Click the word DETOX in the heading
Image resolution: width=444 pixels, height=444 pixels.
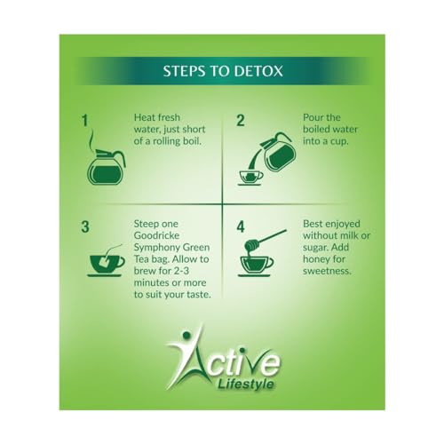(x=258, y=71)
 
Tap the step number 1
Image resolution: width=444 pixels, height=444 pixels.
(x=85, y=121)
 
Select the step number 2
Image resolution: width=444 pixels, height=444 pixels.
(x=241, y=121)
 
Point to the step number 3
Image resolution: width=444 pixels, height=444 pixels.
(x=85, y=227)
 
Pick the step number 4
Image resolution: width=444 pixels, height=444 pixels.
(x=241, y=227)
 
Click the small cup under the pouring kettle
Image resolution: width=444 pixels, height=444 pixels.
(x=250, y=178)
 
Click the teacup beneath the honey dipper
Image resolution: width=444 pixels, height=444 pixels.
(x=256, y=266)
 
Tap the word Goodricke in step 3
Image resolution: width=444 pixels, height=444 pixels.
(x=156, y=235)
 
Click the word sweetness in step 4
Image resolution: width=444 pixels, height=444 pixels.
(x=327, y=271)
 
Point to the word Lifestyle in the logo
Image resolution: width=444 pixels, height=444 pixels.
(x=245, y=385)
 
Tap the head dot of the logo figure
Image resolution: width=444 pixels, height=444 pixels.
(x=186, y=335)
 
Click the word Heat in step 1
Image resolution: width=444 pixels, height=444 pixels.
(x=144, y=117)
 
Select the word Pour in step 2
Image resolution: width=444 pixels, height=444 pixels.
(x=313, y=117)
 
